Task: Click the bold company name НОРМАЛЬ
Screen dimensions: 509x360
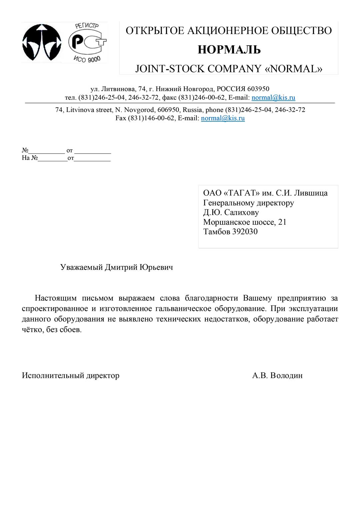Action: (229, 50)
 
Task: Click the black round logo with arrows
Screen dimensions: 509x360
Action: (42, 42)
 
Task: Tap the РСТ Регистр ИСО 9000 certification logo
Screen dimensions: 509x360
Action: (87, 42)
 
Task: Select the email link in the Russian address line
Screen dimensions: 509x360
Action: (273, 98)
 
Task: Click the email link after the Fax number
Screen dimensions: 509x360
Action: (223, 118)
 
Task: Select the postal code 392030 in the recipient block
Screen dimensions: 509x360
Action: (245, 232)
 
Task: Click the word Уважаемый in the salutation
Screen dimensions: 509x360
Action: (81, 267)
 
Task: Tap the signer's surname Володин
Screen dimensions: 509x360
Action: (286, 376)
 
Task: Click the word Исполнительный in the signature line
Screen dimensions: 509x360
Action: (53, 376)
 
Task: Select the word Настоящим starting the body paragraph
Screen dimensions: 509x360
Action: (56, 298)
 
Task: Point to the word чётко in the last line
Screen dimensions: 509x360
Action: (31, 330)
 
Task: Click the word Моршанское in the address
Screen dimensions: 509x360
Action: (223, 222)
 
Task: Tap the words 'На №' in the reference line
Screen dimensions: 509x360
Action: (30, 158)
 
